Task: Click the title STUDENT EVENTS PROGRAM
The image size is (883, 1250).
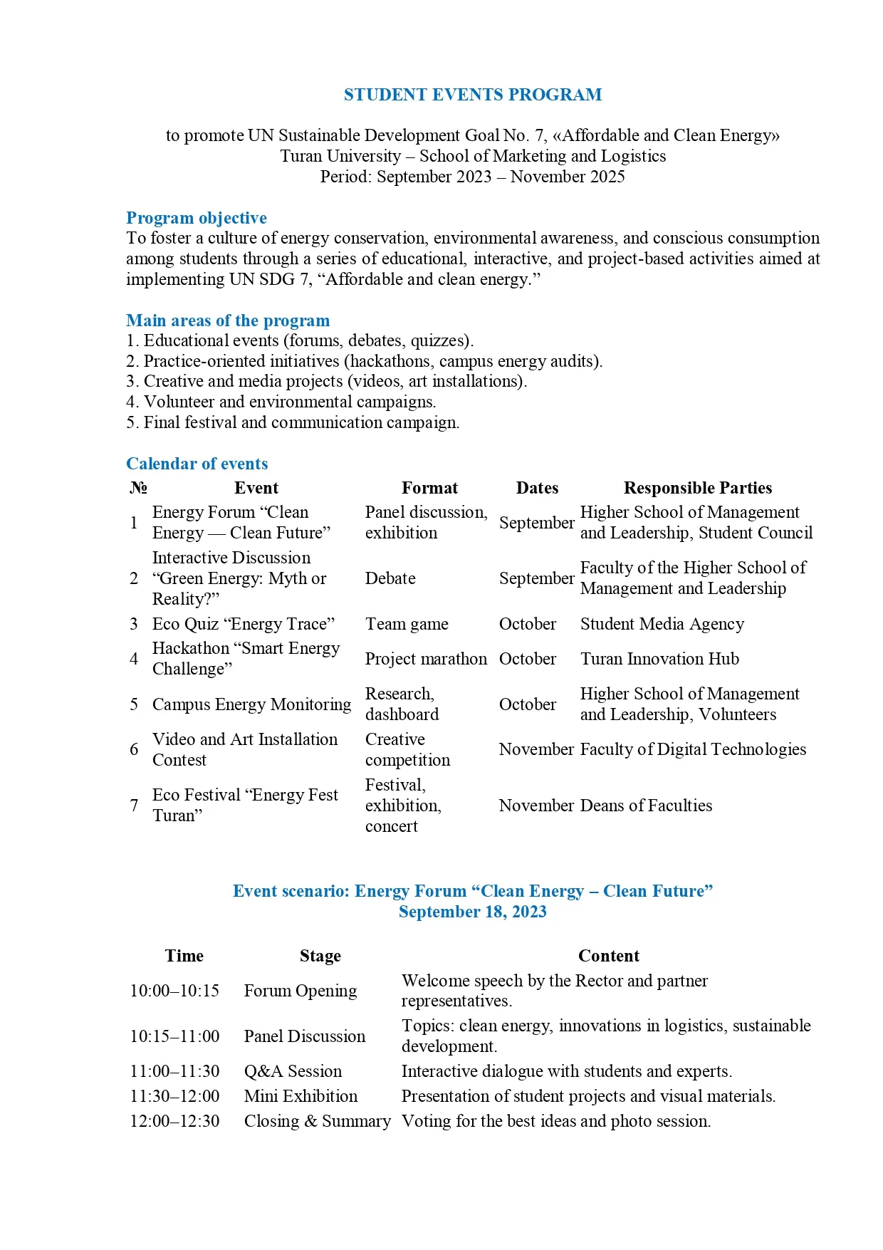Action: pos(472,95)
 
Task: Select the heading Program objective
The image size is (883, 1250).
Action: pos(197,218)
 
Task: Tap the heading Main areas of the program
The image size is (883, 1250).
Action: pos(228,321)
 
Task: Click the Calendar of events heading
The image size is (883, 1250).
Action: pos(197,464)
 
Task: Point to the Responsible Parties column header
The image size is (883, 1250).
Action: pos(697,488)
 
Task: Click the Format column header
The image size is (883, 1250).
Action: pos(429,488)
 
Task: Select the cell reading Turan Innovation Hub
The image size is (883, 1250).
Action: pos(659,659)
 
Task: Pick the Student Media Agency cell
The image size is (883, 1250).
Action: pos(662,624)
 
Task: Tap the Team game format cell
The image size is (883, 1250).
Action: pos(407,624)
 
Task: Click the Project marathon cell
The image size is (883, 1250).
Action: pos(426,659)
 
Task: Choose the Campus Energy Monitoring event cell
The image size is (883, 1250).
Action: pos(251,704)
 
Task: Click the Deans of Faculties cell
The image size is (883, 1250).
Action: pos(646,806)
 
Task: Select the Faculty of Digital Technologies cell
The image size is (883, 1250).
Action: pos(693,749)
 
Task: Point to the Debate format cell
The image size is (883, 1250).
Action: pos(390,578)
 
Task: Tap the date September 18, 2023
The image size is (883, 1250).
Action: pos(472,912)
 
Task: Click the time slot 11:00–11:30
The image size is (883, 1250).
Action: pos(174,1071)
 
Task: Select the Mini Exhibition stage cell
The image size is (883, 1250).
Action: pos(301,1096)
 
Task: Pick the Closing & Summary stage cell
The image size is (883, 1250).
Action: pos(317,1121)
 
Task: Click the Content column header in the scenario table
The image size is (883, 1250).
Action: pos(608,956)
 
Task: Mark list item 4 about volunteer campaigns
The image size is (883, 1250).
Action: pos(281,402)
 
